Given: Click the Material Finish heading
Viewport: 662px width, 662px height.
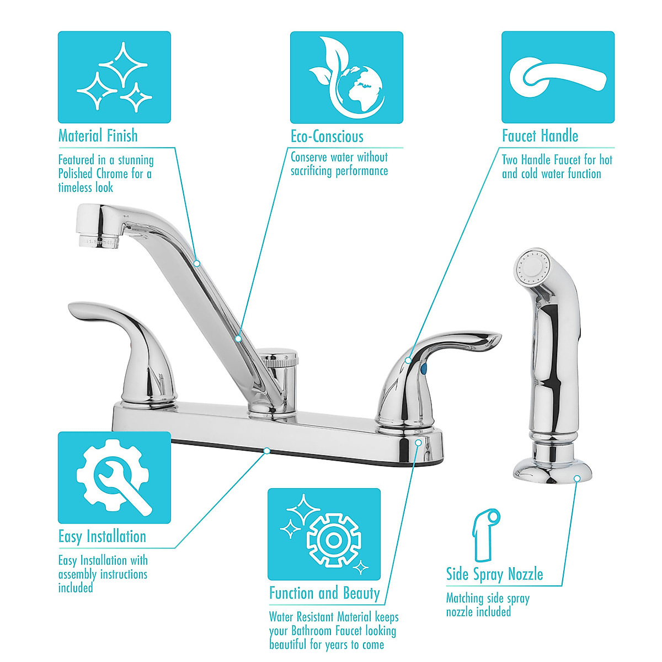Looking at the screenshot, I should click(98, 136).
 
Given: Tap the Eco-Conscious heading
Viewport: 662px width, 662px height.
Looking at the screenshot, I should click(327, 137).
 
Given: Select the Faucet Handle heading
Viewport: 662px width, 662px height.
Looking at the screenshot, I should click(540, 136).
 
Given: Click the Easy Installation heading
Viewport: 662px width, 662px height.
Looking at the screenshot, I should click(102, 536).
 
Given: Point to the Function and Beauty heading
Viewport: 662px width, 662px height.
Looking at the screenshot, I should click(324, 594).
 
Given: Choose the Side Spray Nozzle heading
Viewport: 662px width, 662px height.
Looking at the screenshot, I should click(494, 574).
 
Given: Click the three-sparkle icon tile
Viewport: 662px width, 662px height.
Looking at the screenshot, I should click(114, 77).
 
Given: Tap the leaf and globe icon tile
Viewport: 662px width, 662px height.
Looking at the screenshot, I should click(346, 77).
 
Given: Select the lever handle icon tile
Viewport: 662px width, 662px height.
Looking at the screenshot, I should click(558, 77).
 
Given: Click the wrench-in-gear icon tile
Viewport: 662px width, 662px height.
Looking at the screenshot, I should click(114, 477).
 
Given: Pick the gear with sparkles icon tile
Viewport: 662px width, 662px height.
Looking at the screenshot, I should click(324, 534).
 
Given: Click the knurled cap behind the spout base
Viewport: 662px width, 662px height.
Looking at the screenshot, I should click(280, 359).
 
